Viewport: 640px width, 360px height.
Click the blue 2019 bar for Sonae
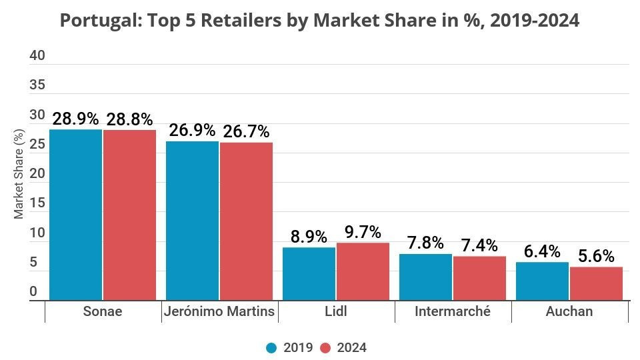75,215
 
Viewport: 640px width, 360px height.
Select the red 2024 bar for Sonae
129,215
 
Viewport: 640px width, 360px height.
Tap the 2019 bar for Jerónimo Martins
192,221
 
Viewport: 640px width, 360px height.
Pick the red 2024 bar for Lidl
363,271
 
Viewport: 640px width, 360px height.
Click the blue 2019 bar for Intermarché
425,277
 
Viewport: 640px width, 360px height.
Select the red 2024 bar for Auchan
596,283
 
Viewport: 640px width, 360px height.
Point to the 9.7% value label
363,232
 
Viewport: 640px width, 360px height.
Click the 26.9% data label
192,130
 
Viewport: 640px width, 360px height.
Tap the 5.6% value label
596,256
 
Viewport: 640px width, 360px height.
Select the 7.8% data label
425,243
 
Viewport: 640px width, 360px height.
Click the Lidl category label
335,311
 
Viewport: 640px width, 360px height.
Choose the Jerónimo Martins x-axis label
219,311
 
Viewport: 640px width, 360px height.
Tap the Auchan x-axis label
569,311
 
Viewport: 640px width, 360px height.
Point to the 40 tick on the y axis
37,55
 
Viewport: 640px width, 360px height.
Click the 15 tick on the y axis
37,203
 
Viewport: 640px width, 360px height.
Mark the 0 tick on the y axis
33,292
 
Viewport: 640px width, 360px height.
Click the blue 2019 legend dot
272,348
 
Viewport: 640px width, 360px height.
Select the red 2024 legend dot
325,348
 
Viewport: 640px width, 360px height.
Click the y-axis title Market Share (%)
19,175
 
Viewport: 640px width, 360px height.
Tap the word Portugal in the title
93,21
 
